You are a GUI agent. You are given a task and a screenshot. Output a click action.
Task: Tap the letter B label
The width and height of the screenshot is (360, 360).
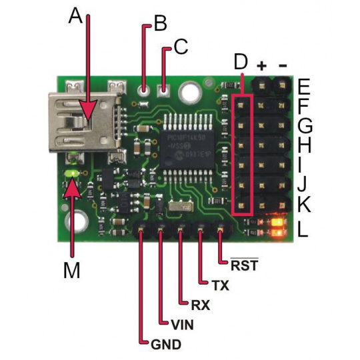pos(160,25)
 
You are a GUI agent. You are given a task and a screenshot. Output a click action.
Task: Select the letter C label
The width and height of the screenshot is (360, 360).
pos(180,47)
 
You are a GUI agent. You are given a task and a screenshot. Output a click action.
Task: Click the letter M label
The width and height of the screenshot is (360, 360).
pos(71,270)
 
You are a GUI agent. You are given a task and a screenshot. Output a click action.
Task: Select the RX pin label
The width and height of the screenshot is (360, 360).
pos(201,305)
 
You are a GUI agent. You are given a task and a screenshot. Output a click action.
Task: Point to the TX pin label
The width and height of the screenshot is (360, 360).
pos(219,285)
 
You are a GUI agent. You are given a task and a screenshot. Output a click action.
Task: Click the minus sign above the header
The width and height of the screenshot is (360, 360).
pos(283,65)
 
